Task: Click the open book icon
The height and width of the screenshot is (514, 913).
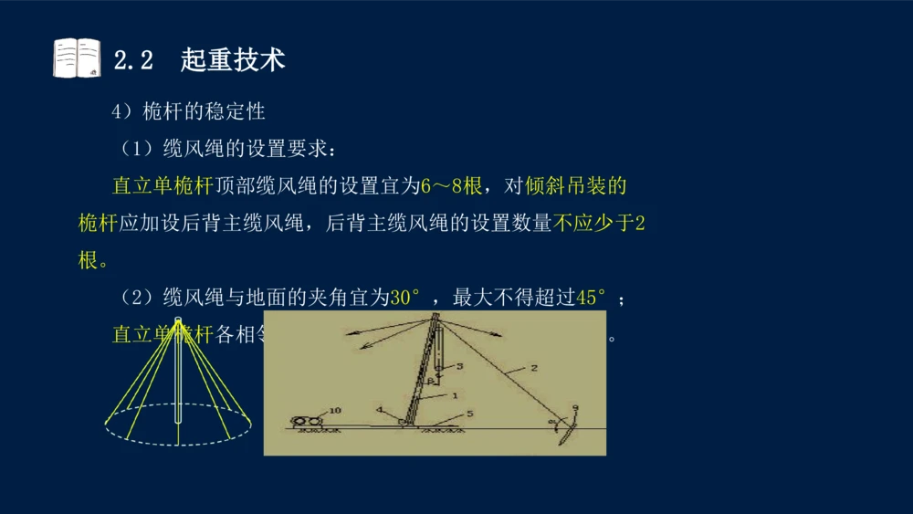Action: click(x=77, y=58)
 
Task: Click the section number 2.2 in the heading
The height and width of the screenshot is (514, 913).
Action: click(x=132, y=60)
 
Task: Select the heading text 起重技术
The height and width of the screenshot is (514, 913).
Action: click(x=233, y=60)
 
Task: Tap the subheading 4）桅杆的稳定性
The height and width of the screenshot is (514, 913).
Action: click(x=188, y=111)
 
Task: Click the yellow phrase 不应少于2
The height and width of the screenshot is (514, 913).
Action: click(x=599, y=223)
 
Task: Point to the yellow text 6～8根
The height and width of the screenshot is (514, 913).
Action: click(x=451, y=186)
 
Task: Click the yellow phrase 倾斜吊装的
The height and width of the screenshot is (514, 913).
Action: click(x=576, y=186)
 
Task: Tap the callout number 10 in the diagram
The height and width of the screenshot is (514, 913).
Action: click(x=334, y=411)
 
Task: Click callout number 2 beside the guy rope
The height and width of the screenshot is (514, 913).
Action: click(x=534, y=368)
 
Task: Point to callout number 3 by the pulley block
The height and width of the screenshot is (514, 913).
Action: click(x=459, y=366)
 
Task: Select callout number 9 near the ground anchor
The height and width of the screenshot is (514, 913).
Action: click(x=575, y=408)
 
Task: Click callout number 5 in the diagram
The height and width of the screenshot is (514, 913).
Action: click(x=469, y=414)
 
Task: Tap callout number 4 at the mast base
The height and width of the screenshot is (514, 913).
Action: click(x=379, y=410)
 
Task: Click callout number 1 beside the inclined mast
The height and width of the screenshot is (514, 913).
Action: click(x=454, y=396)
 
